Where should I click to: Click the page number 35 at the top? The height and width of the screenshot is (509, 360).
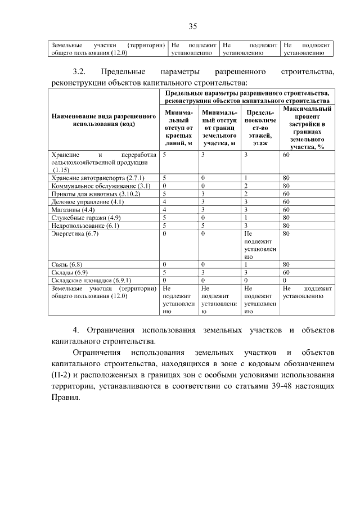coord(192,26)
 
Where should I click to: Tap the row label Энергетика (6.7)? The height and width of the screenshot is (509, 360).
coord(75,233)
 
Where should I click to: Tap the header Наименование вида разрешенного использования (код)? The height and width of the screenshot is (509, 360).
coord(103,120)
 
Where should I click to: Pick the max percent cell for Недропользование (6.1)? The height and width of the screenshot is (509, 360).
coord(286,225)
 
